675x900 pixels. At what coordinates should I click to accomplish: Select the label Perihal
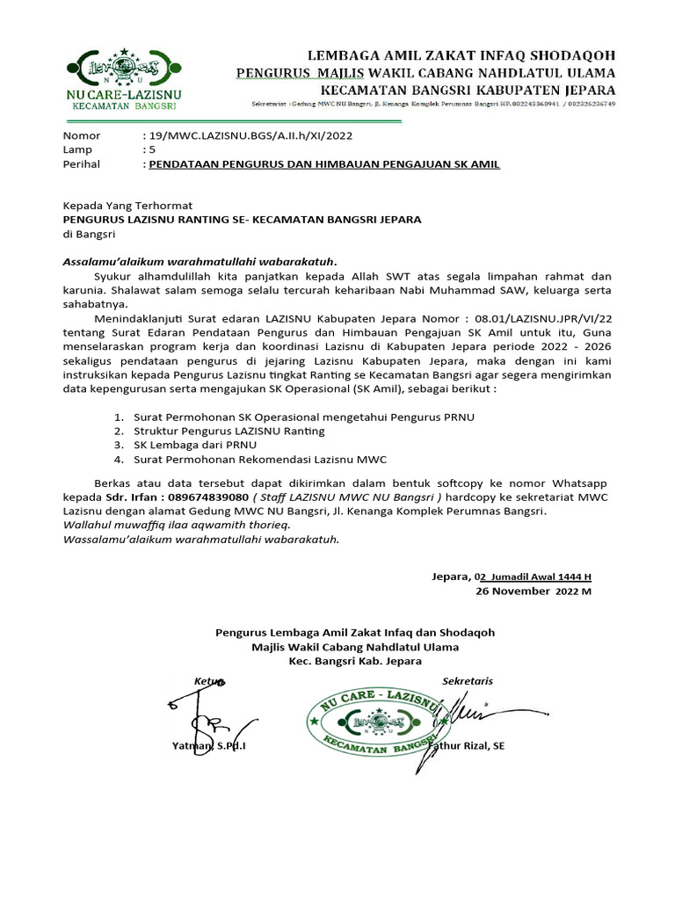pyautogui.click(x=81, y=163)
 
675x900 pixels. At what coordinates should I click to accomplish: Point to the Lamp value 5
pyautogui.click(x=152, y=149)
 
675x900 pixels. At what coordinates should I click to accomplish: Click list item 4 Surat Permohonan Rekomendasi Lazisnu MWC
pyautogui.click(x=259, y=459)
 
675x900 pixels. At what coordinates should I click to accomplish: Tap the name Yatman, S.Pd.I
pyautogui.click(x=209, y=746)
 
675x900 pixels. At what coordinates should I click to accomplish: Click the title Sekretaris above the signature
pyautogui.click(x=468, y=680)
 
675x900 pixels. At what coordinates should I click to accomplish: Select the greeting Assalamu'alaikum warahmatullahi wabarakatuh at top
pyautogui.click(x=200, y=261)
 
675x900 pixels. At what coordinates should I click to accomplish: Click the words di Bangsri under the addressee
pyautogui.click(x=89, y=234)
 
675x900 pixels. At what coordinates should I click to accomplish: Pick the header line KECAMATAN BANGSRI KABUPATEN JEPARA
pyautogui.click(x=468, y=90)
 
